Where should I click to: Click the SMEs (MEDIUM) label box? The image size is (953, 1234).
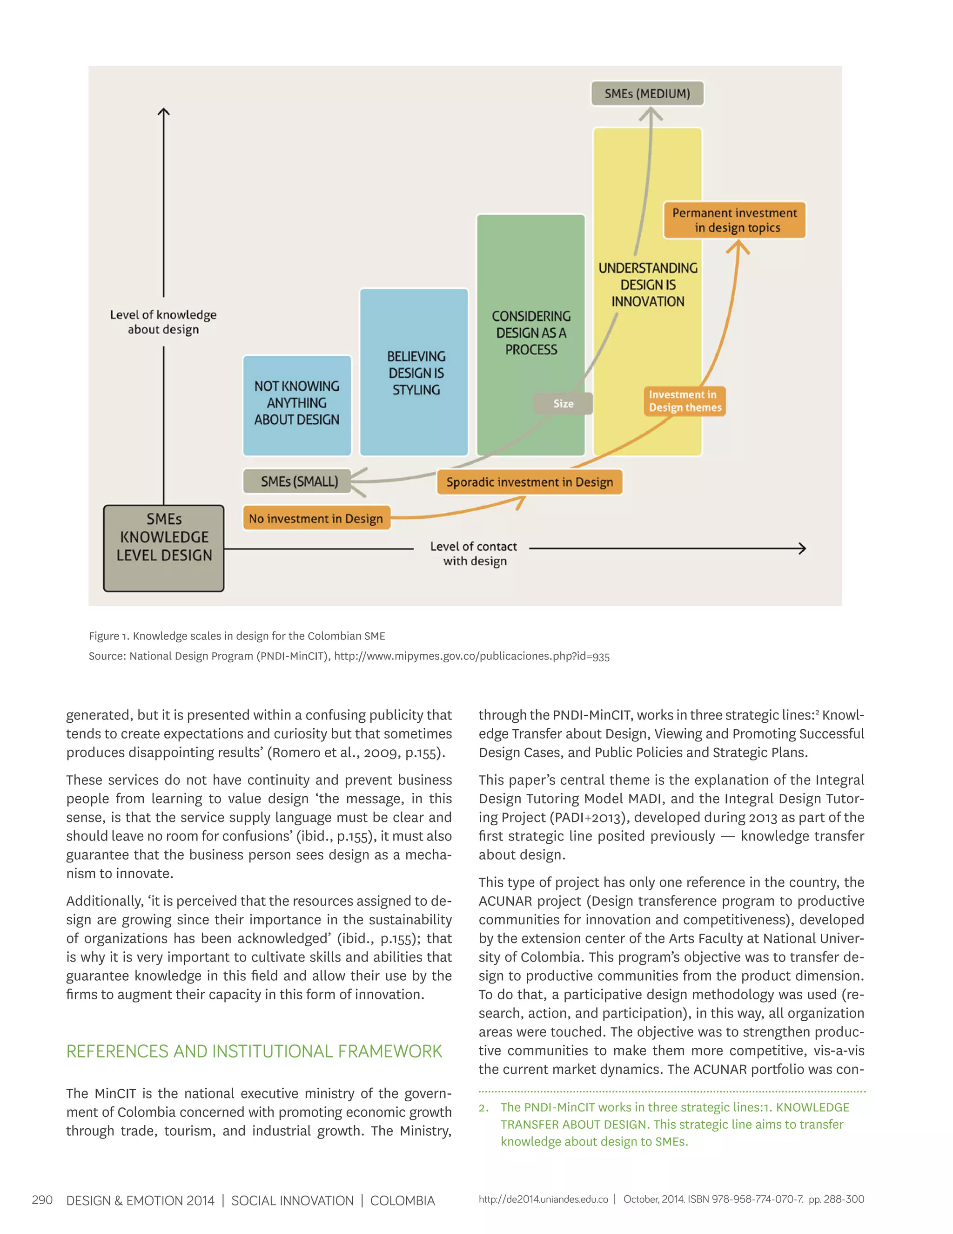(x=647, y=94)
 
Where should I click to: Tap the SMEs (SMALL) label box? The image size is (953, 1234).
(x=297, y=481)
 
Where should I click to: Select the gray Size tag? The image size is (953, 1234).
(x=564, y=403)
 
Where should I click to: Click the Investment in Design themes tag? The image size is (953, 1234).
(x=684, y=401)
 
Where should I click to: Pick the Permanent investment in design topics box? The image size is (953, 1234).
(x=734, y=220)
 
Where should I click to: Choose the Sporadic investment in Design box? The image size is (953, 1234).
(x=529, y=482)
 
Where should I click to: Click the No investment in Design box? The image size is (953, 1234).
(x=316, y=518)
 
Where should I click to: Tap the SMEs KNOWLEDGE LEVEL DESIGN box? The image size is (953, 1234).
(x=164, y=548)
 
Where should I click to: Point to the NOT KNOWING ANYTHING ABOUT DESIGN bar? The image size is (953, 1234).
(x=297, y=405)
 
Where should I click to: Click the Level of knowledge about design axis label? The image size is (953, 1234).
(x=163, y=322)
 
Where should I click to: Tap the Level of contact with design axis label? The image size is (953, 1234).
(x=474, y=554)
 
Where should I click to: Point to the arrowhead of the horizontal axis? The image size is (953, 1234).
(x=802, y=548)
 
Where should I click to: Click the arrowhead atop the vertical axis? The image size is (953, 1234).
(x=164, y=112)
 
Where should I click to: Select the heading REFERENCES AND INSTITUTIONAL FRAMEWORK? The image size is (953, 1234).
(x=254, y=1051)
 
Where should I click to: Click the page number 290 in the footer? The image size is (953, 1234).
(x=42, y=1200)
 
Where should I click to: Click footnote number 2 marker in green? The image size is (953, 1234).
(x=483, y=1108)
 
